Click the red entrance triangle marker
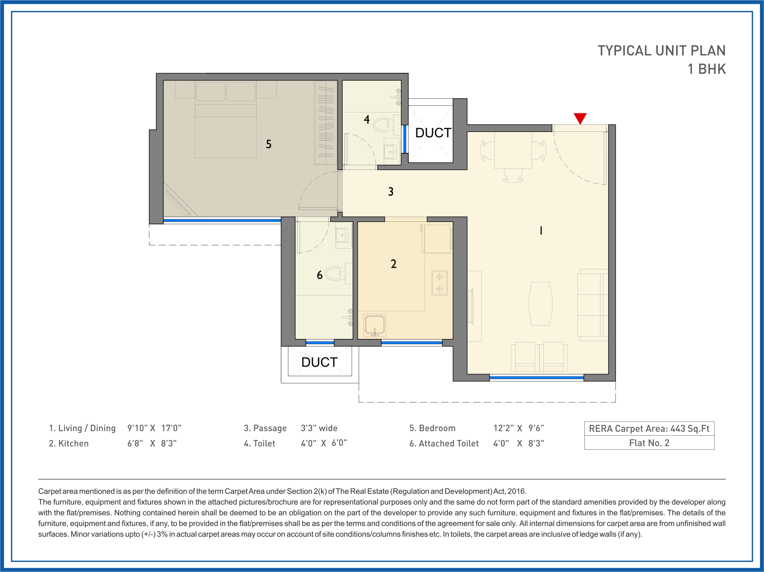point(580,118)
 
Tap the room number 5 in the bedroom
point(268,144)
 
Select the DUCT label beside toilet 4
point(433,133)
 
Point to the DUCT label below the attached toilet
point(319,362)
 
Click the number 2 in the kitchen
point(393,264)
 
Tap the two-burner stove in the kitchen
point(439,283)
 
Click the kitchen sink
point(374,325)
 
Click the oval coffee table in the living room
point(540,304)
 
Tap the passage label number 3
point(391,192)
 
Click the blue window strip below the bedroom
point(222,220)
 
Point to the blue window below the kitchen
point(411,343)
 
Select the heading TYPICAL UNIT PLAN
point(661,51)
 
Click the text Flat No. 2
point(649,443)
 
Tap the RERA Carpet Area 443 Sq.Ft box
point(649,429)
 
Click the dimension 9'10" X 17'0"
point(154,428)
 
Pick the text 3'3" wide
point(319,428)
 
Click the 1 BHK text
point(706,69)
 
